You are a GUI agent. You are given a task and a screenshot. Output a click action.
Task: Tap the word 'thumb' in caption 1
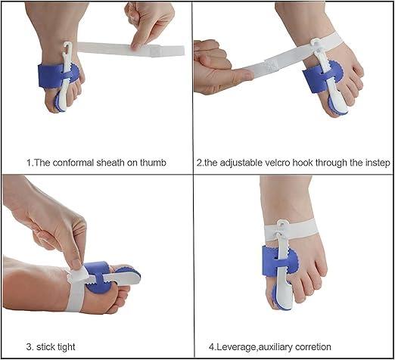[x=151, y=162]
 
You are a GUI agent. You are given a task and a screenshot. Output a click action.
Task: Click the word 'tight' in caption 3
[x=64, y=346]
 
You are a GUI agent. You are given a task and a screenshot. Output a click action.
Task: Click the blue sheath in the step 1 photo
[x=47, y=78]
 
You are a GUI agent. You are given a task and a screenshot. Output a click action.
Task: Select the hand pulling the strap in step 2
[x=219, y=72]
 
